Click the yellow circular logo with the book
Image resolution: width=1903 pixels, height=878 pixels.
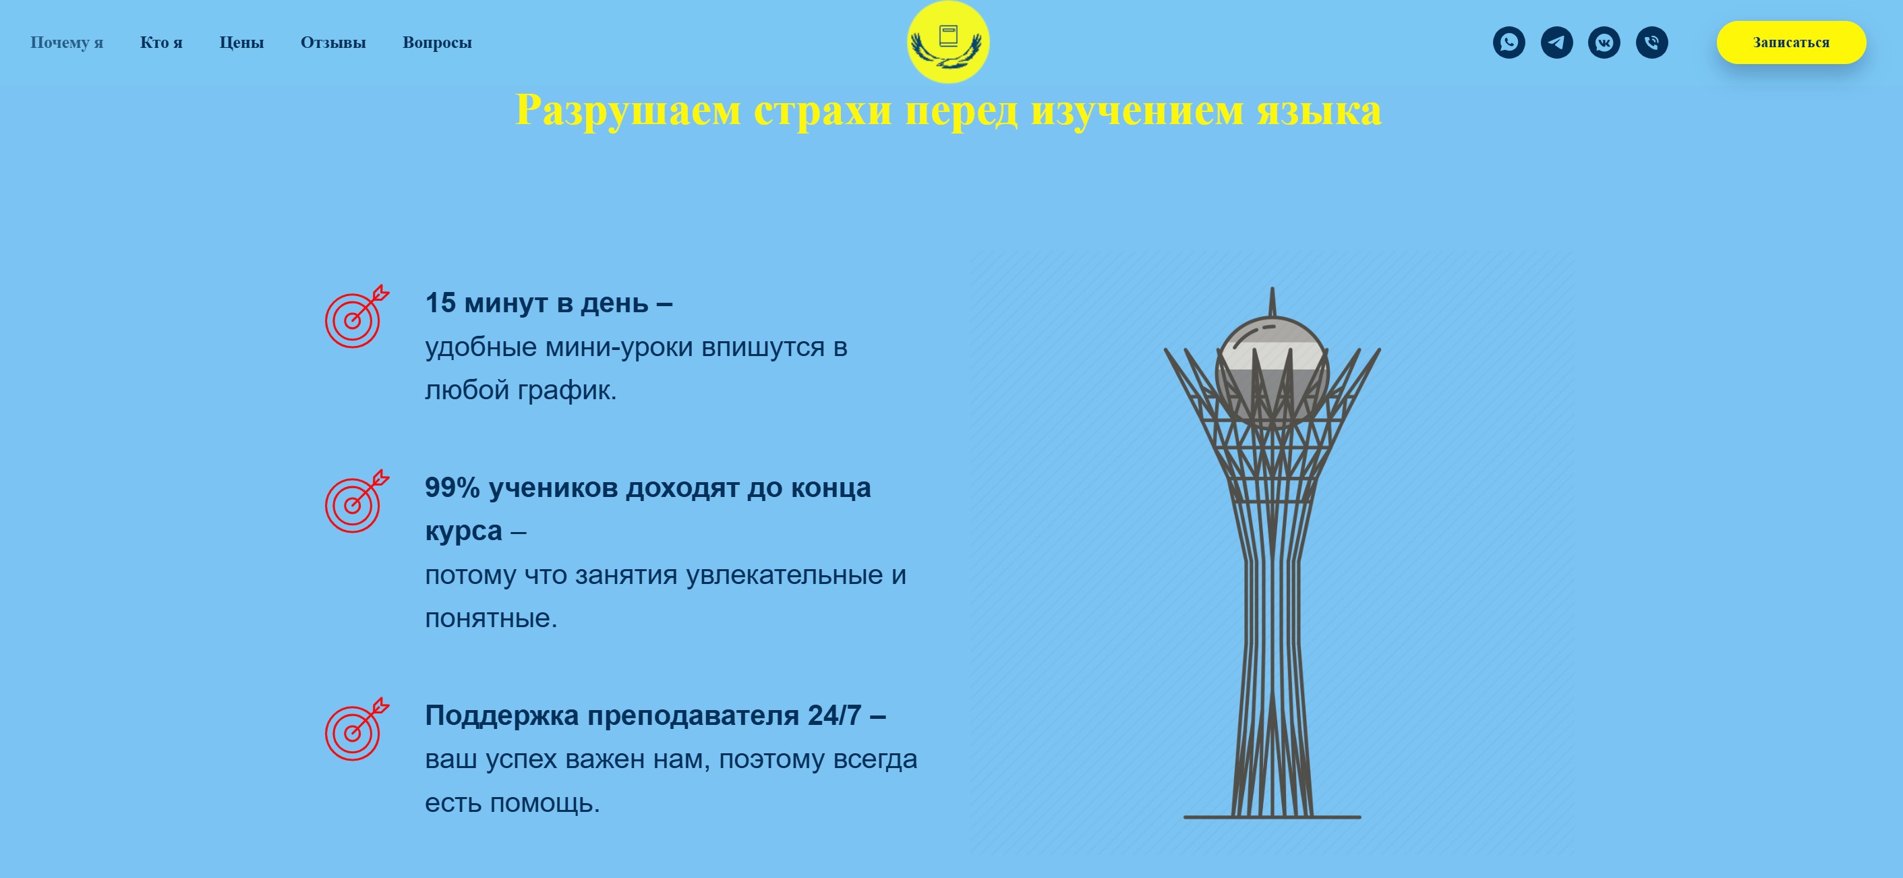948,42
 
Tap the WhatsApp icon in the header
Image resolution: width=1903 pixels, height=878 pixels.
1509,42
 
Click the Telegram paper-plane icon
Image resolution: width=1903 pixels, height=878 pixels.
1556,42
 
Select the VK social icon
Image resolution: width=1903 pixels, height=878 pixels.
1604,42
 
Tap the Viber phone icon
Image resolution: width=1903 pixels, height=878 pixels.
1652,42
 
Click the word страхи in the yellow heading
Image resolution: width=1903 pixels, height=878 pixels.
822,111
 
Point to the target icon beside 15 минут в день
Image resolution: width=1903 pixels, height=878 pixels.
355,317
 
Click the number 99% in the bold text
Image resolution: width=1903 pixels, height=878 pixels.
452,488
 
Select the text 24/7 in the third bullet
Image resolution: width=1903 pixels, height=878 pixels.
834,715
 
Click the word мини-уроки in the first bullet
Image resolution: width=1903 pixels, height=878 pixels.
619,347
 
